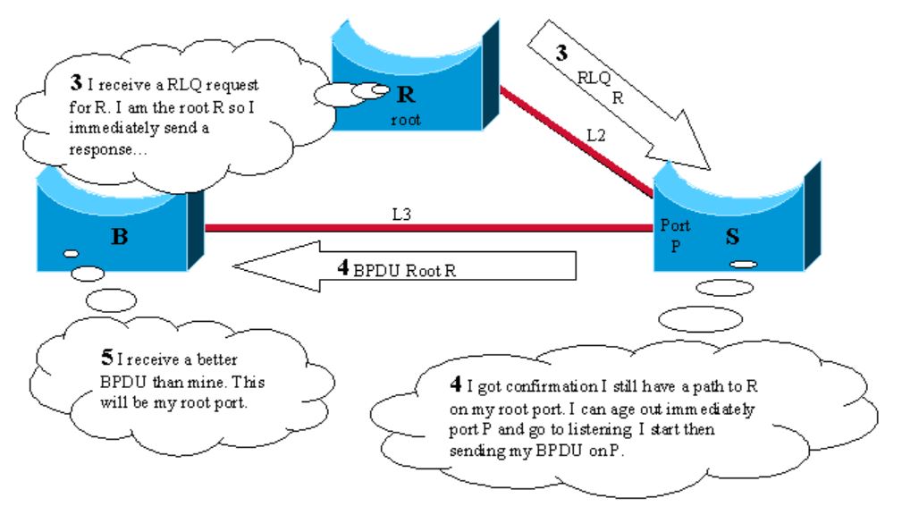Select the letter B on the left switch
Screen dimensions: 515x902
point(118,237)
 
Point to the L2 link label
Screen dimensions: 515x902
point(597,136)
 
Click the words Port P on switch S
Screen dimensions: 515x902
point(675,236)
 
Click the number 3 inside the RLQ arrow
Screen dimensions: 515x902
point(561,53)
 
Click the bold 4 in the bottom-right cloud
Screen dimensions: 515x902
point(456,385)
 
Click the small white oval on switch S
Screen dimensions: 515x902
point(745,265)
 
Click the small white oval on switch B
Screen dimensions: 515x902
point(71,254)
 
